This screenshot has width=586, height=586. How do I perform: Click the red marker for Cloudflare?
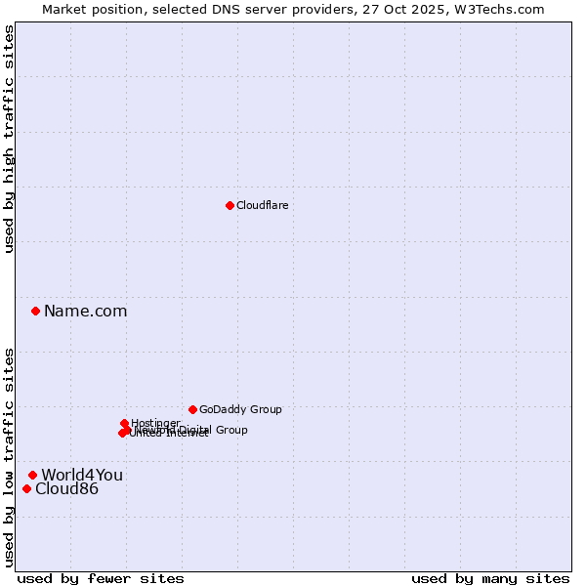click(230, 205)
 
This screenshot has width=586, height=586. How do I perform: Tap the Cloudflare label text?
click(262, 205)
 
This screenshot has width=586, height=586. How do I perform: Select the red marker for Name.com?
click(35, 311)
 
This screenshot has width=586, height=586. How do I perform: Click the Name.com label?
click(85, 312)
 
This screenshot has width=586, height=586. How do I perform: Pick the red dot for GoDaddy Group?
click(192, 409)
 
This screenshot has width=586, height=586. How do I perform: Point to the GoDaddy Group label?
click(240, 410)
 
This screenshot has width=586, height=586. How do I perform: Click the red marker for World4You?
click(32, 475)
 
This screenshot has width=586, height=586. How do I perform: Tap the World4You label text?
click(82, 476)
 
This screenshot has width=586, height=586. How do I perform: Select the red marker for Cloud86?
click(26, 488)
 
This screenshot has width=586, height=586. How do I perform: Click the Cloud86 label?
click(66, 489)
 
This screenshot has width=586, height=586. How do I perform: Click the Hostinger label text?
click(155, 423)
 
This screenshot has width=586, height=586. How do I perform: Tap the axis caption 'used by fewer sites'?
click(101, 579)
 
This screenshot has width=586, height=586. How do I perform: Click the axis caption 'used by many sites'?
click(490, 579)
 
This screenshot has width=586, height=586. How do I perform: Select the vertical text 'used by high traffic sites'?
click(9, 139)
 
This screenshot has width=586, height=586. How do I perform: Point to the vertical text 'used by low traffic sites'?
click(9, 457)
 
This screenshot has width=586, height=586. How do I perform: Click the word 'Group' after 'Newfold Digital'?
click(230, 430)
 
